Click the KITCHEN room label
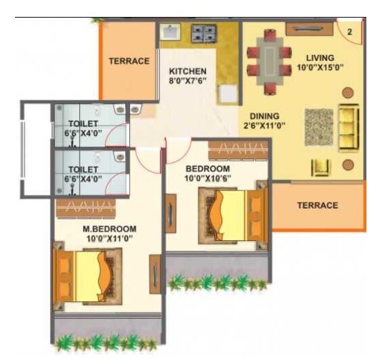click(x=188, y=71)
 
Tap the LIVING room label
click(x=320, y=58)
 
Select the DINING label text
click(x=264, y=116)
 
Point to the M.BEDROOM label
click(x=109, y=229)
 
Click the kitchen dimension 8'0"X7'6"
click(x=188, y=81)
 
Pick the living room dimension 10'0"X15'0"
click(x=320, y=68)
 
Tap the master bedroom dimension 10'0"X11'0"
click(x=109, y=238)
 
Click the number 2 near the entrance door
click(x=349, y=31)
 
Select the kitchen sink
click(x=169, y=32)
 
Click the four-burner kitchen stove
click(x=203, y=32)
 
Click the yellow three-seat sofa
click(x=349, y=128)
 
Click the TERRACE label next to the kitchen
click(x=129, y=61)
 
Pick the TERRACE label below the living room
click(x=317, y=206)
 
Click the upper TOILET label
click(x=83, y=123)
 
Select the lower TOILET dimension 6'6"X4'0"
click(x=83, y=179)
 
